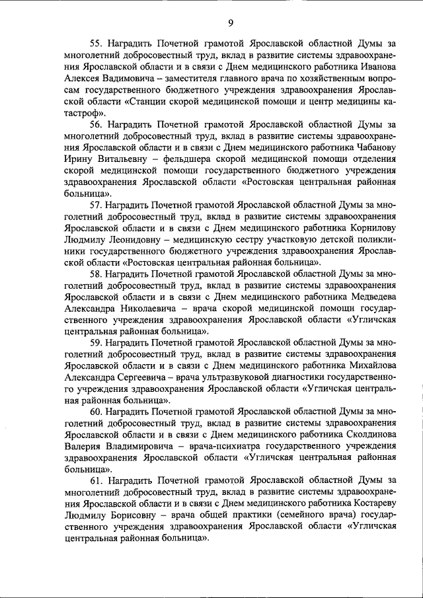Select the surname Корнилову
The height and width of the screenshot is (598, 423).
point(370,227)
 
